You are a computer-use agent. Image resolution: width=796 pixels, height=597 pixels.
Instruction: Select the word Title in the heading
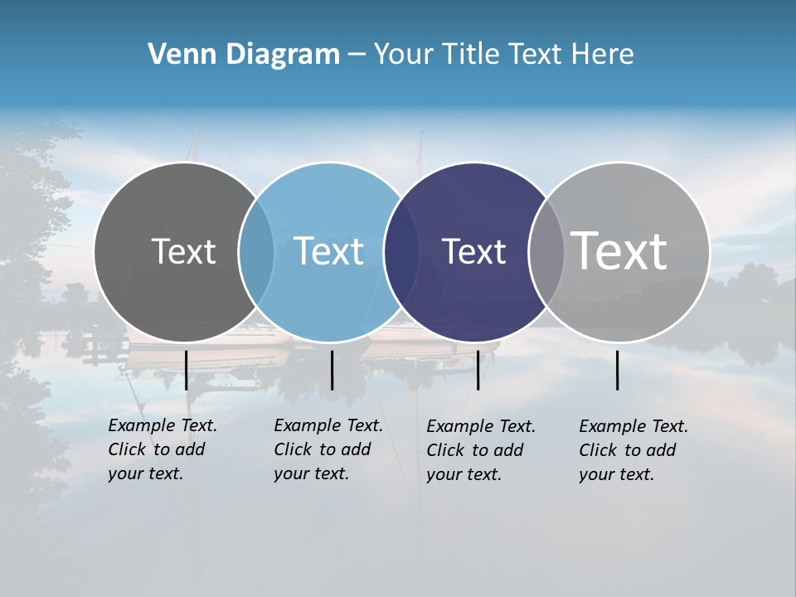(472, 55)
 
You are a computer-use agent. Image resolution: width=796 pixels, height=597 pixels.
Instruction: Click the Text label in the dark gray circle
(183, 251)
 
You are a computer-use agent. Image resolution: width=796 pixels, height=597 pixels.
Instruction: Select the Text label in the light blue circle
(328, 251)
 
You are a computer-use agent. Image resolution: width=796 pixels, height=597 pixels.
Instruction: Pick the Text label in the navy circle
(473, 251)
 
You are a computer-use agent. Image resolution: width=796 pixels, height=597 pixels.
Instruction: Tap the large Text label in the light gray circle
(619, 250)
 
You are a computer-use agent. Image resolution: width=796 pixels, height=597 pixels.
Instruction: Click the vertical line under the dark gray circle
(186, 370)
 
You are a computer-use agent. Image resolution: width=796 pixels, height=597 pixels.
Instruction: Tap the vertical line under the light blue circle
(332, 370)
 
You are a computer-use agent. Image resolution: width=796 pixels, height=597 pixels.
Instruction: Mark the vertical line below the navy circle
(478, 370)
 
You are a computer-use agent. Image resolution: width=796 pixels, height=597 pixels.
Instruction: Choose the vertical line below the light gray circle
(617, 370)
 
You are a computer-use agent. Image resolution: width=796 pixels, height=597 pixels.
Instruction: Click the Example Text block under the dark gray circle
(163, 449)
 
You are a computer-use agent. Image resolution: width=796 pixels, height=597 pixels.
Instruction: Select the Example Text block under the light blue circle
(328, 449)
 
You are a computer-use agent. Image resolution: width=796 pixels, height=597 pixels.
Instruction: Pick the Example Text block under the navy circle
(481, 450)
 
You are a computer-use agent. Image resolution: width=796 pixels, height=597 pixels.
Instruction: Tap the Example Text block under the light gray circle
(633, 450)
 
